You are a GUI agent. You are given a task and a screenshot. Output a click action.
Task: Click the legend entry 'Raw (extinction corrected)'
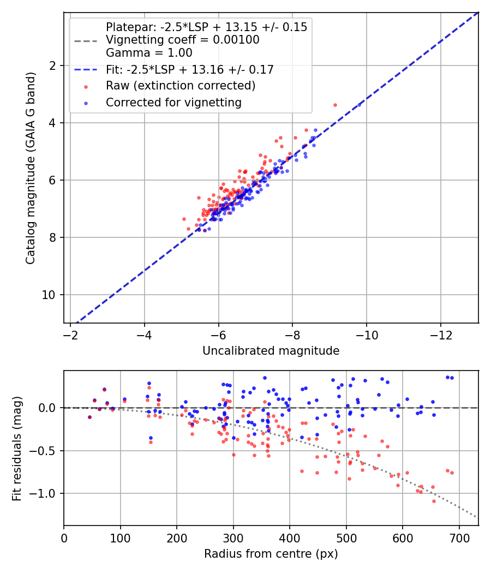(180, 86)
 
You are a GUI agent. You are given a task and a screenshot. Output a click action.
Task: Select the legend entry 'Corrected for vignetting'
(173, 102)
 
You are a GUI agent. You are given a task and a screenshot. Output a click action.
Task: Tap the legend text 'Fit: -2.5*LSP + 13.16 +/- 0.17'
(190, 70)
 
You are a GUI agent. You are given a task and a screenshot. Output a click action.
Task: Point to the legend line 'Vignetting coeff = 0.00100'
(183, 40)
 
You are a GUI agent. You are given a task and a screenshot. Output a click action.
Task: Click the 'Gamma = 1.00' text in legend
(149, 53)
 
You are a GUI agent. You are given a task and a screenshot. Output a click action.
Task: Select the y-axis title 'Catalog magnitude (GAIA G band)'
(31, 168)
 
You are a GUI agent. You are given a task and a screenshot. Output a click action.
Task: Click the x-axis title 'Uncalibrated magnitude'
(271, 351)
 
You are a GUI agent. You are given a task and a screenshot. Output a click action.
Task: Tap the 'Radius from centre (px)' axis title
(271, 554)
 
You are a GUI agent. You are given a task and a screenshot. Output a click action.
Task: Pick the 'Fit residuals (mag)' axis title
(17, 448)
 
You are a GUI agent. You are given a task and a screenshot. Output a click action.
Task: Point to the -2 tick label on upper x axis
(70, 334)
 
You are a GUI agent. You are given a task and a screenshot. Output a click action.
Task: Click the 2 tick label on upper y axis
(53, 65)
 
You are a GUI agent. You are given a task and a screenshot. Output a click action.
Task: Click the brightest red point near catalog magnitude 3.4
(335, 105)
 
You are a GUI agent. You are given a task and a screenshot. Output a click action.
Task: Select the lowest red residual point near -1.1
(434, 501)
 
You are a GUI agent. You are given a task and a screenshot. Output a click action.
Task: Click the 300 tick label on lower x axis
(233, 537)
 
